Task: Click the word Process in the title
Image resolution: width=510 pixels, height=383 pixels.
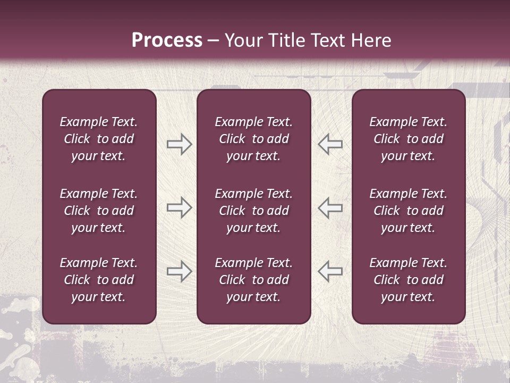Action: pos(167,40)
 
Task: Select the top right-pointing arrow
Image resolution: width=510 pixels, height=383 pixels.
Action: pos(179,144)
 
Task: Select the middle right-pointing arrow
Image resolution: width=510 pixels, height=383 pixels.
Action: pos(179,207)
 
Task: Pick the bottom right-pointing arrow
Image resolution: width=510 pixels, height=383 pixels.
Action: pos(179,271)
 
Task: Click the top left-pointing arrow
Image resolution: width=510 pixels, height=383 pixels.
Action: pos(330,144)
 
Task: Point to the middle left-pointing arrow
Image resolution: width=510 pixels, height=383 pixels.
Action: pos(330,207)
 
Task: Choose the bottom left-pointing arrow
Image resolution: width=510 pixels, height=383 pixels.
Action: pos(330,271)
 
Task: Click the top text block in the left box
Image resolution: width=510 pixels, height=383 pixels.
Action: pos(99,139)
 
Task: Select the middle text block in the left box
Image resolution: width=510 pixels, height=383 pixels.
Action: pos(99,211)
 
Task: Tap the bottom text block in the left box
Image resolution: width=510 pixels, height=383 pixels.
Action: pos(99,280)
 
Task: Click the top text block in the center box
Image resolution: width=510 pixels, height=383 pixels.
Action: pos(253,139)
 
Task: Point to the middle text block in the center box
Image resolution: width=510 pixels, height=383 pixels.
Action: pos(253,211)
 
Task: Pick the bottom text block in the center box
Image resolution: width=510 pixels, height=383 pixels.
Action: pos(253,280)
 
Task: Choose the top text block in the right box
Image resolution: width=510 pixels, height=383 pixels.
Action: pos(408,139)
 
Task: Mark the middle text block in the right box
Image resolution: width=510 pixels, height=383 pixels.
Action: pos(408,211)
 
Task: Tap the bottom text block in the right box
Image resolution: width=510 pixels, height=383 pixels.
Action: pos(408,280)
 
